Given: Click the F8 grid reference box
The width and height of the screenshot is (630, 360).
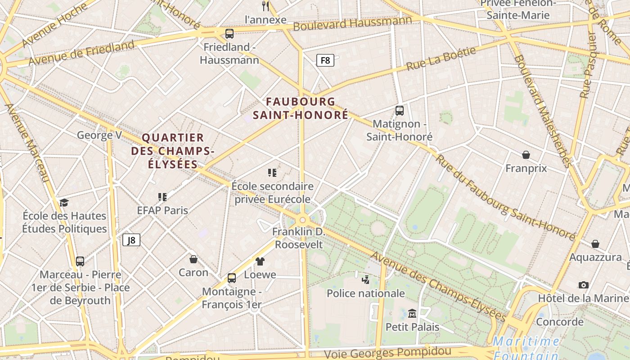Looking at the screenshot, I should pos(325,60).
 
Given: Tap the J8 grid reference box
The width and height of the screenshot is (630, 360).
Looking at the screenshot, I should pos(131,240).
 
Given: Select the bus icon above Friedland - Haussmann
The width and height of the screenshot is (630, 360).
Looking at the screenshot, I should pos(229,33).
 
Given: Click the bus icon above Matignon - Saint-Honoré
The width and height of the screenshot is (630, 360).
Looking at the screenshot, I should pos(399,110).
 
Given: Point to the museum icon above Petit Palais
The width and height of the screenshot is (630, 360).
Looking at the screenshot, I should pos(412,313).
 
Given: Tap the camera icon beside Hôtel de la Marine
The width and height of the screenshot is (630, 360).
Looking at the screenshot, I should pos(584,285).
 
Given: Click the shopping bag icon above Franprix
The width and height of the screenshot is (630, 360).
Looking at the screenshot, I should pos(526,155).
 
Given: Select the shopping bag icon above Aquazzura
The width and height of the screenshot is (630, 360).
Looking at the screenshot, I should pos(595,244).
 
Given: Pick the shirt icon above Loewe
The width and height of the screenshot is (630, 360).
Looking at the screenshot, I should pos(260,261).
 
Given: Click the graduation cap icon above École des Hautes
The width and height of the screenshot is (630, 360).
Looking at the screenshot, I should pos(64,202).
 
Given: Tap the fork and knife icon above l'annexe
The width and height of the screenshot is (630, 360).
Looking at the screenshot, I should pos(265,6).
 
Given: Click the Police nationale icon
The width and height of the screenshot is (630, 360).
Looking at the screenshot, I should pos(365,279).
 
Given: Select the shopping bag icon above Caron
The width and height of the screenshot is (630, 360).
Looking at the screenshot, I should pos(193,259).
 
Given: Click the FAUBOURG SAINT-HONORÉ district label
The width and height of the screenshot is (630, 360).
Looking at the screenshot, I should pos(301,108).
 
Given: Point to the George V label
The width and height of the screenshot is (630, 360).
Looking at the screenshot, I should pos(99,135).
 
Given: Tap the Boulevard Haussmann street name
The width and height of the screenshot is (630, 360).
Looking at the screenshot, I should pos(352,23).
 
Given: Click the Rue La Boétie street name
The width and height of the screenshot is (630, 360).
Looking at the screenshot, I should pos(441,58).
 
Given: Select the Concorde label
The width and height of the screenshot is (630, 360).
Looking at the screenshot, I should pos(560,322).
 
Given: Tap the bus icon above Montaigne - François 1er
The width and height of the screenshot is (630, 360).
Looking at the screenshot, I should pos(232,278).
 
